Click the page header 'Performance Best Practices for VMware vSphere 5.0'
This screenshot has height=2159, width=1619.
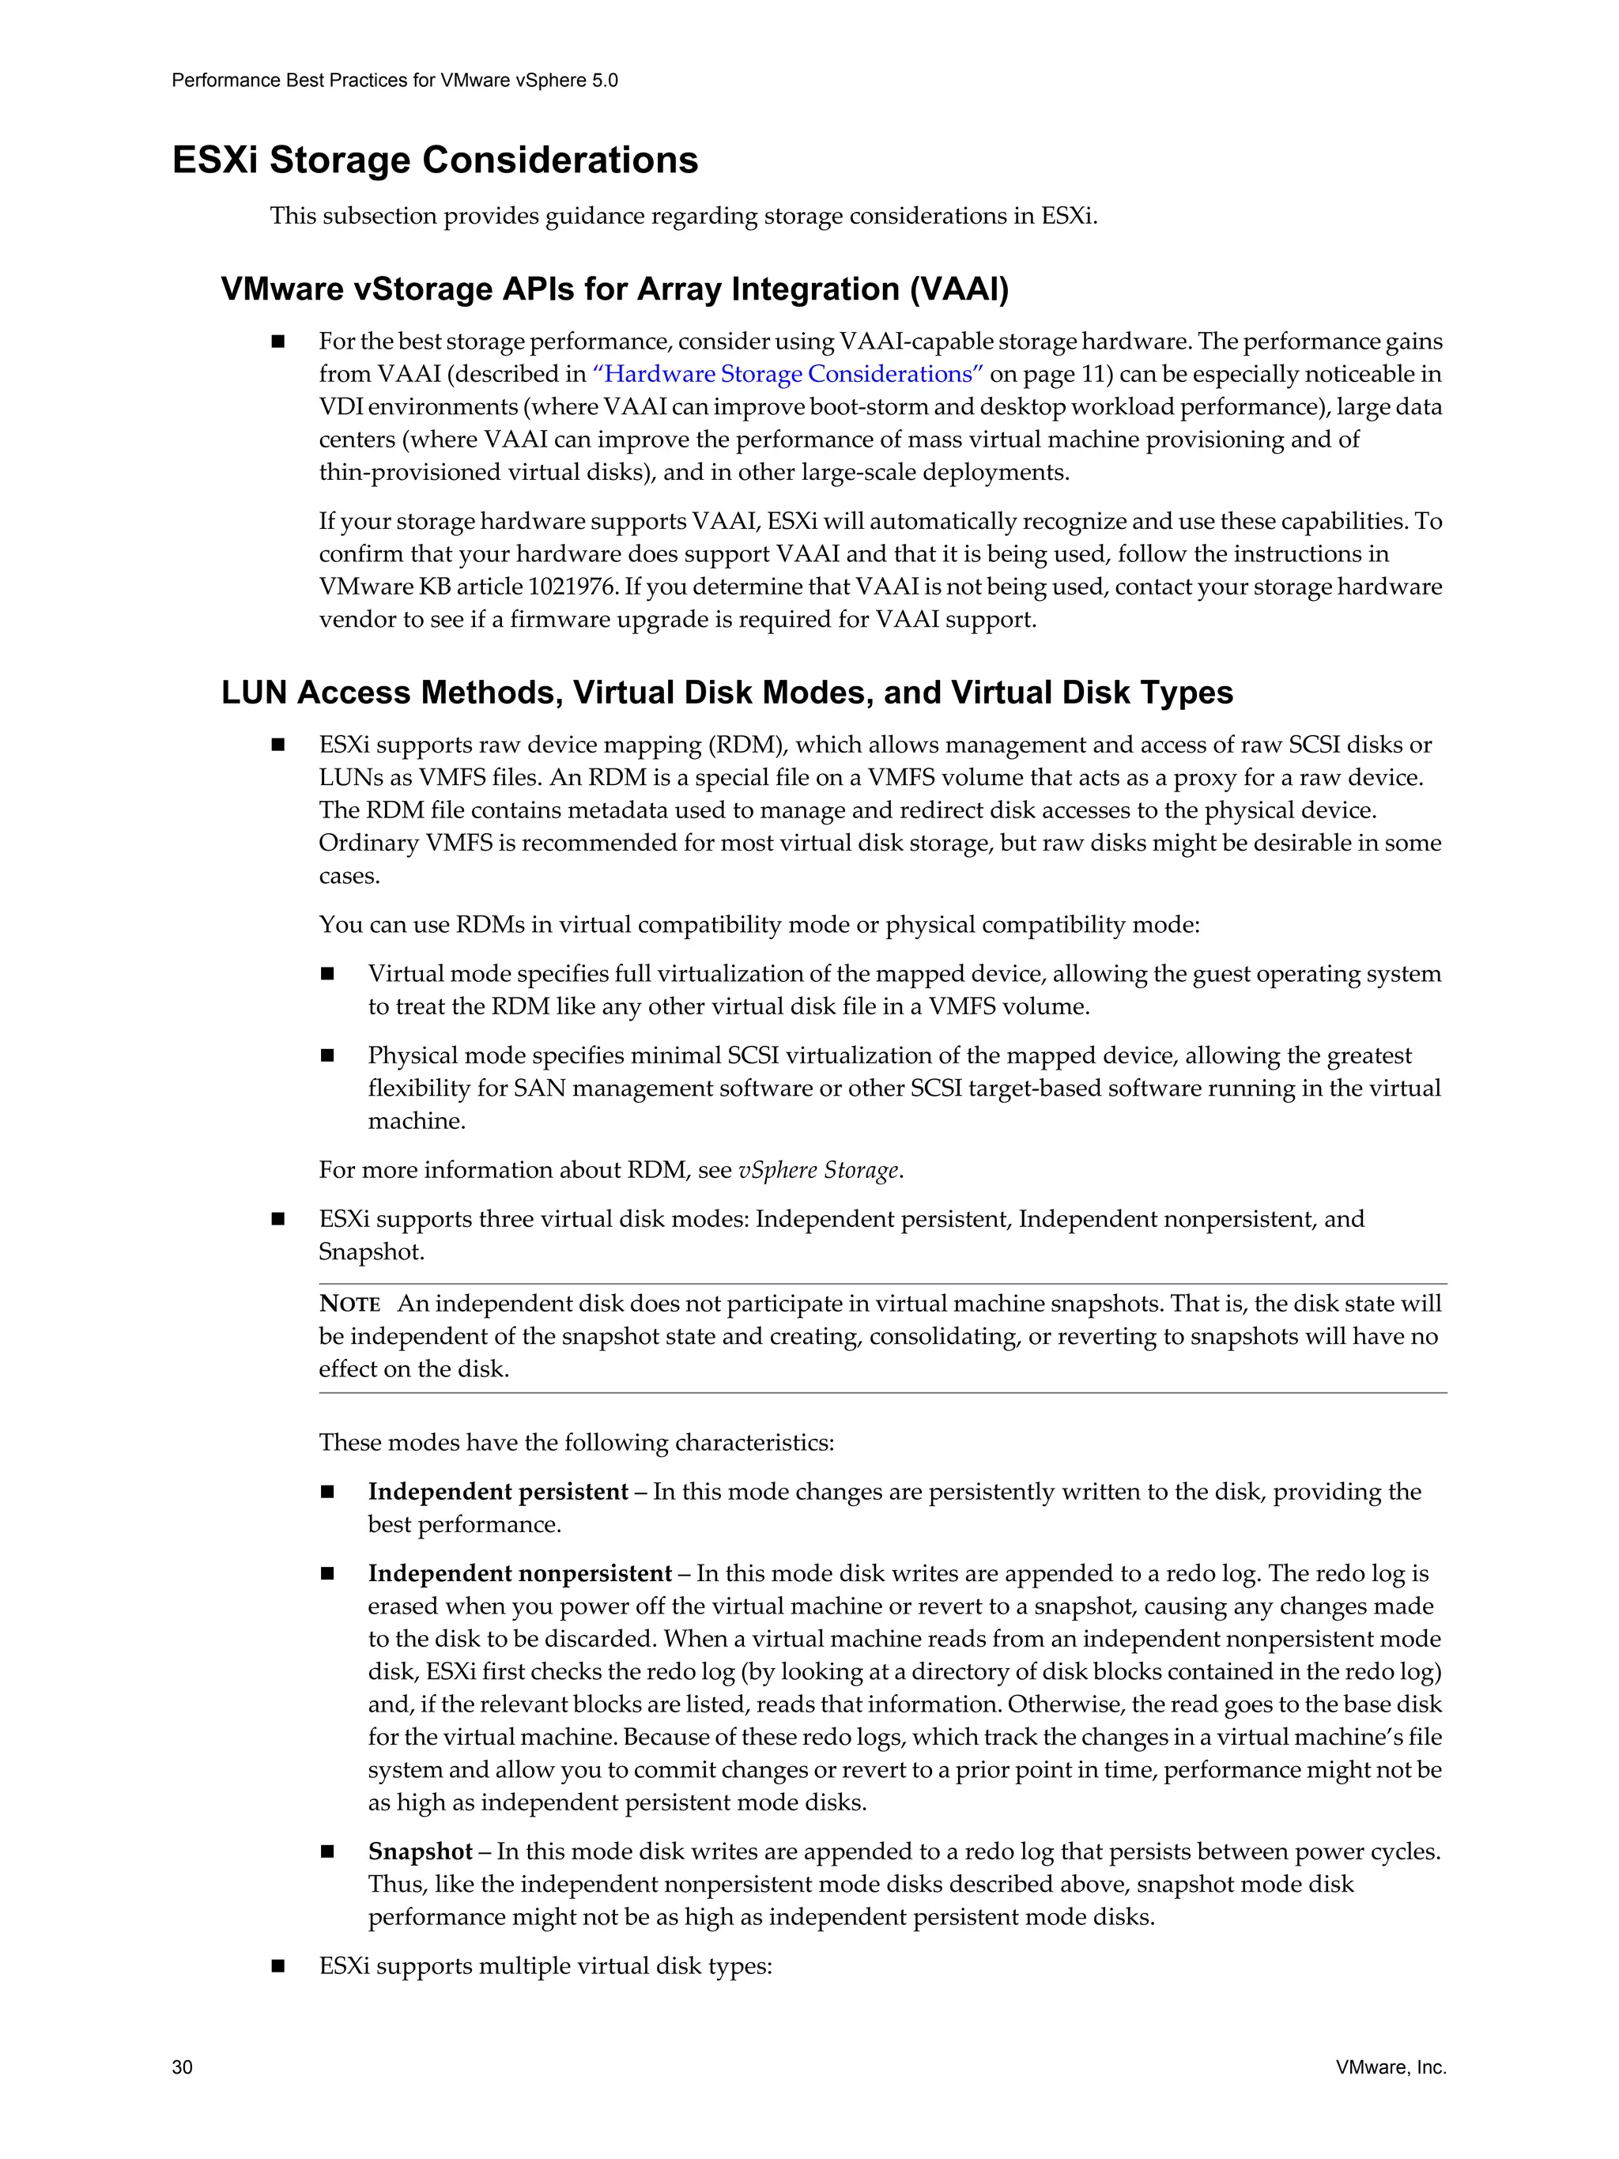(394, 80)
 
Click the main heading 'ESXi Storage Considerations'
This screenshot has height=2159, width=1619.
(436, 160)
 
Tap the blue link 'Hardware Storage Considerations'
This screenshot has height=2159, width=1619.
(788, 374)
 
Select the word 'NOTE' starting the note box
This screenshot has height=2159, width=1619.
(349, 1304)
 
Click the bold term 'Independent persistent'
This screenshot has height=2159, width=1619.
(498, 1492)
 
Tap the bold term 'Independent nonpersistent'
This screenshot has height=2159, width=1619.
(519, 1573)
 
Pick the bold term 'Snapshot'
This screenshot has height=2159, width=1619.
(420, 1851)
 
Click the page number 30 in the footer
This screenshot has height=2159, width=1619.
(183, 2067)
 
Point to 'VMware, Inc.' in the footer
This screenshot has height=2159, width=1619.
(1391, 2067)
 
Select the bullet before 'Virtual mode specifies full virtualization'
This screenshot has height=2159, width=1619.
(327, 974)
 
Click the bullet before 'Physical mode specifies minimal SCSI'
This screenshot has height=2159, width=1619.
(327, 1056)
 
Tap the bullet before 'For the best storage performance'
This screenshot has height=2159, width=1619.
(278, 342)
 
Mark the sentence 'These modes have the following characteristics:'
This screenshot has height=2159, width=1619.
(576, 1443)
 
